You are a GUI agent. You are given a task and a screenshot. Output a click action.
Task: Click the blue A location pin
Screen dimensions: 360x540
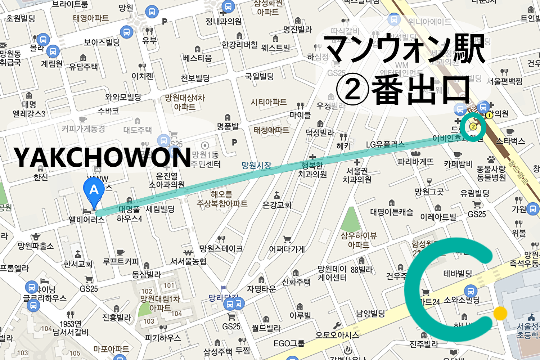click(94, 191)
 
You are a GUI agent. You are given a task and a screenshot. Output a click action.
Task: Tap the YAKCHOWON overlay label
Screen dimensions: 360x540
click(102, 157)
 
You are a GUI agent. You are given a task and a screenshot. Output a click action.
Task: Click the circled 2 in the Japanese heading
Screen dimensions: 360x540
click(352, 90)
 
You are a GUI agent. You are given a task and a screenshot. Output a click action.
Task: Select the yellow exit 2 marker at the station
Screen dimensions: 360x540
click(473, 126)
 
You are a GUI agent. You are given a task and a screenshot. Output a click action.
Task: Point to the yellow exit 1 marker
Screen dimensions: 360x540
click(489, 115)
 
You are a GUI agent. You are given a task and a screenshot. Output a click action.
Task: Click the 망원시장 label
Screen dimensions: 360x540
click(256, 165)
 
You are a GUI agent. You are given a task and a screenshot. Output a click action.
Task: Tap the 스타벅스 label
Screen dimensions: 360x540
click(510, 141)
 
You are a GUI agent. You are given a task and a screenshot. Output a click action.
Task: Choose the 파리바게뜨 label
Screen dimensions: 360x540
click(415, 162)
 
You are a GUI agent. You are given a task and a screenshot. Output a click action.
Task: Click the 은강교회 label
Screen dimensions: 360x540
click(276, 205)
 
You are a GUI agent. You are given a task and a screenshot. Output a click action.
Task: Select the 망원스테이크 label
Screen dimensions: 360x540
click(221, 248)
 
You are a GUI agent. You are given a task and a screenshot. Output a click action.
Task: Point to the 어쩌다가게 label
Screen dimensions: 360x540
click(287, 249)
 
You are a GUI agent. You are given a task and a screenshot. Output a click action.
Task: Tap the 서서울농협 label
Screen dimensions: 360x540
click(188, 261)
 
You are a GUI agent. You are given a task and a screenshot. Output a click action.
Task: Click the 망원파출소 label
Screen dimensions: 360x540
click(36, 246)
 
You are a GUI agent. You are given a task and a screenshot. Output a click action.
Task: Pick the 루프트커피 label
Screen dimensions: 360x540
click(121, 261)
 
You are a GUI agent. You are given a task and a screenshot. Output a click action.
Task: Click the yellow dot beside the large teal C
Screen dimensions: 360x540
click(500, 313)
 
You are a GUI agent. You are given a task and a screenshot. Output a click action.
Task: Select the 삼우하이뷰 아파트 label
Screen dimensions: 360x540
click(359, 240)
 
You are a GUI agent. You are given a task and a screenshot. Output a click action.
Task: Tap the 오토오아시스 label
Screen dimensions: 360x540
click(337, 335)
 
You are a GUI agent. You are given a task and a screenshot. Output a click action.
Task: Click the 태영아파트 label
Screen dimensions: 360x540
click(91, 18)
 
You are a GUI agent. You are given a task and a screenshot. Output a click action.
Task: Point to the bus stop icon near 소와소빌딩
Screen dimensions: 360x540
click(471, 291)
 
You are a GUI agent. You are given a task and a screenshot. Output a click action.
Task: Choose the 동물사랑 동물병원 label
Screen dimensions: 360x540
click(491, 173)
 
